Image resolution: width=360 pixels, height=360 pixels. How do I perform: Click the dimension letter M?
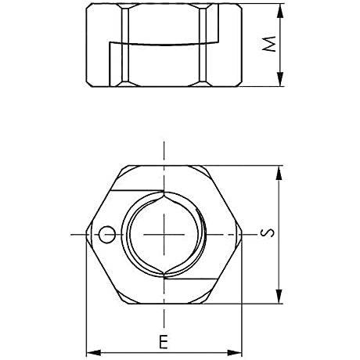269,44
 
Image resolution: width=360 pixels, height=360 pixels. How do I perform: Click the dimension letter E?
164,342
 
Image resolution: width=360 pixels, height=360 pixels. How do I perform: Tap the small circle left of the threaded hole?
107,234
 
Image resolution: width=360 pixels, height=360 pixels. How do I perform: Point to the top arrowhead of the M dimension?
279,11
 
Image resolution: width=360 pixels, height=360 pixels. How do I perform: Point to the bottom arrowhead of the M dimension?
279,79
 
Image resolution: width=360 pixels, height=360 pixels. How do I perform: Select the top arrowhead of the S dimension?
279,173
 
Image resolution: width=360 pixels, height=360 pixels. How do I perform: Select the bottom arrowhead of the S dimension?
279,297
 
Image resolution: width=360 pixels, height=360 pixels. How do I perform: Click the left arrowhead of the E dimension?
93,353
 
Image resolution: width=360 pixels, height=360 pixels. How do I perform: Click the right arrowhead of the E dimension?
235,353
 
